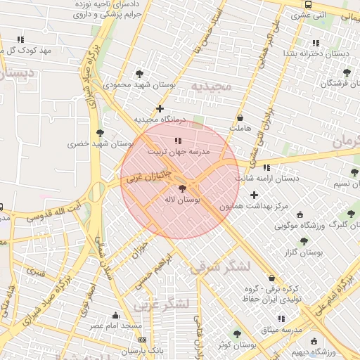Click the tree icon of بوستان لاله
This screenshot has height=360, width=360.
coord(183,188)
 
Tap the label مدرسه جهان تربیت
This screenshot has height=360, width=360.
coord(177,151)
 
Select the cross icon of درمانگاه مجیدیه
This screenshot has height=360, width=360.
coord(160,108)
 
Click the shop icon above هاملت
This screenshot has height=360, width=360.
coord(241,117)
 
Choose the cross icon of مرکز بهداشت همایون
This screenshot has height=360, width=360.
coord(254,194)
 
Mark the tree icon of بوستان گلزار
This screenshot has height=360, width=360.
coord(304,240)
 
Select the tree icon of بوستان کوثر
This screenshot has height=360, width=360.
coord(236,334)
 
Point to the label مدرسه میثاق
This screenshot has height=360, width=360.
coord(281,329)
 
